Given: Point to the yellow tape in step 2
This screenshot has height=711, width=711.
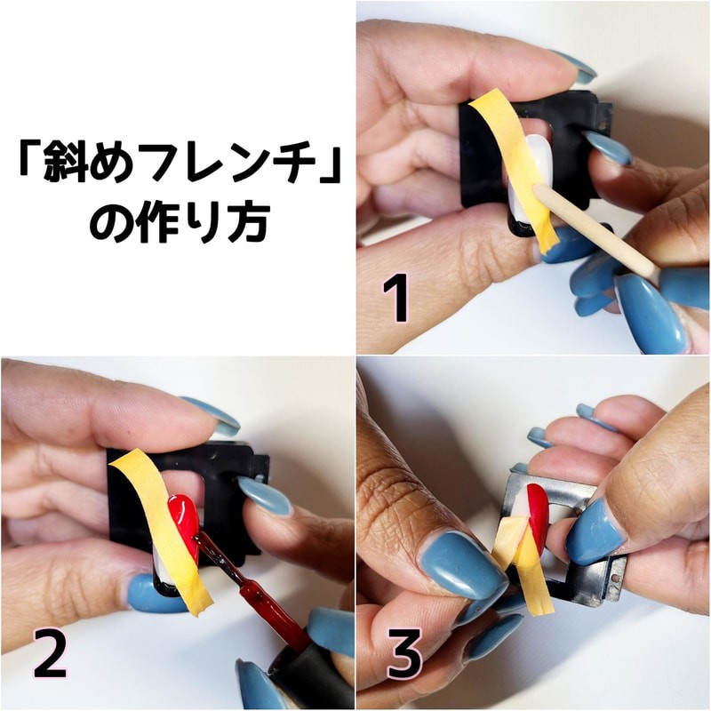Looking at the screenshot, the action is pos(161,531).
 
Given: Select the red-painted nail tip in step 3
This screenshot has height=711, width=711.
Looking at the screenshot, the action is pos(538,507).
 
